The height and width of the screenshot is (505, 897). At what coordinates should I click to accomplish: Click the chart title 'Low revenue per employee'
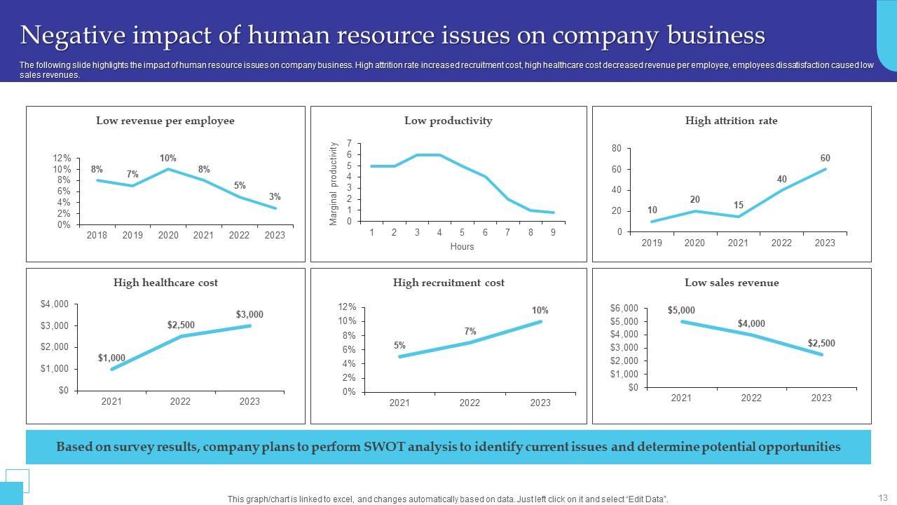(x=165, y=121)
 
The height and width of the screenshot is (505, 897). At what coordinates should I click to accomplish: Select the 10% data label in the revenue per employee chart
(x=167, y=158)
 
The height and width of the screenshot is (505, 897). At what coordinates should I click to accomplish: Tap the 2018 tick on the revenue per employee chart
(x=97, y=236)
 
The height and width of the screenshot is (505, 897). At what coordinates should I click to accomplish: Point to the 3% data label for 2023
(x=275, y=197)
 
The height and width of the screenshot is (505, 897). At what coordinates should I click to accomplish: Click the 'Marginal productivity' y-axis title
(x=334, y=184)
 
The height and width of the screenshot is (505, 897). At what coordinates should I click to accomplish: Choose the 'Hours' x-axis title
(x=462, y=247)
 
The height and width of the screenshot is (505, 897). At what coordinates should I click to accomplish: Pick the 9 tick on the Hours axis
(x=553, y=232)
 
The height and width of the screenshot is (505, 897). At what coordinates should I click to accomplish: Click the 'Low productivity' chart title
(x=448, y=121)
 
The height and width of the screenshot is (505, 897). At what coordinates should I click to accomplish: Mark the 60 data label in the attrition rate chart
(x=825, y=159)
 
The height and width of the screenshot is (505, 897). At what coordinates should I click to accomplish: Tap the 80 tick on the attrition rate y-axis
(x=617, y=149)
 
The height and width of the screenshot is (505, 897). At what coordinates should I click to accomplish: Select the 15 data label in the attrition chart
(x=738, y=206)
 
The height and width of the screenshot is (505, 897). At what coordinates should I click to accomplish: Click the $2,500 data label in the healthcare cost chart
(x=181, y=325)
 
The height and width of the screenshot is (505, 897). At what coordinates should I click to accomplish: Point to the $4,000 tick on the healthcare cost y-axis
(x=55, y=304)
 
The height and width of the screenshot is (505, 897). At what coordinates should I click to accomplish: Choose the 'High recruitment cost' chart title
(x=448, y=283)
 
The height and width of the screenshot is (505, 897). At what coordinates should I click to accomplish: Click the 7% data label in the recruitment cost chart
(x=470, y=331)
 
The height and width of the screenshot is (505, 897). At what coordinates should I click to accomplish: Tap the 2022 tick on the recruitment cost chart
(x=470, y=403)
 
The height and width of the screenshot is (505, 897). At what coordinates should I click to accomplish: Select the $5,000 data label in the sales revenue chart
(x=681, y=311)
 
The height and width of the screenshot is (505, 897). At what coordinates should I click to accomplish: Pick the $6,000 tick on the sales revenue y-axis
(x=624, y=308)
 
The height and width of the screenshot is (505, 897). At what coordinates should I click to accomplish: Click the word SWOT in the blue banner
(x=383, y=447)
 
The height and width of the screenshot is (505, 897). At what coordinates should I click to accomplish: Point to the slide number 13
(x=882, y=497)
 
